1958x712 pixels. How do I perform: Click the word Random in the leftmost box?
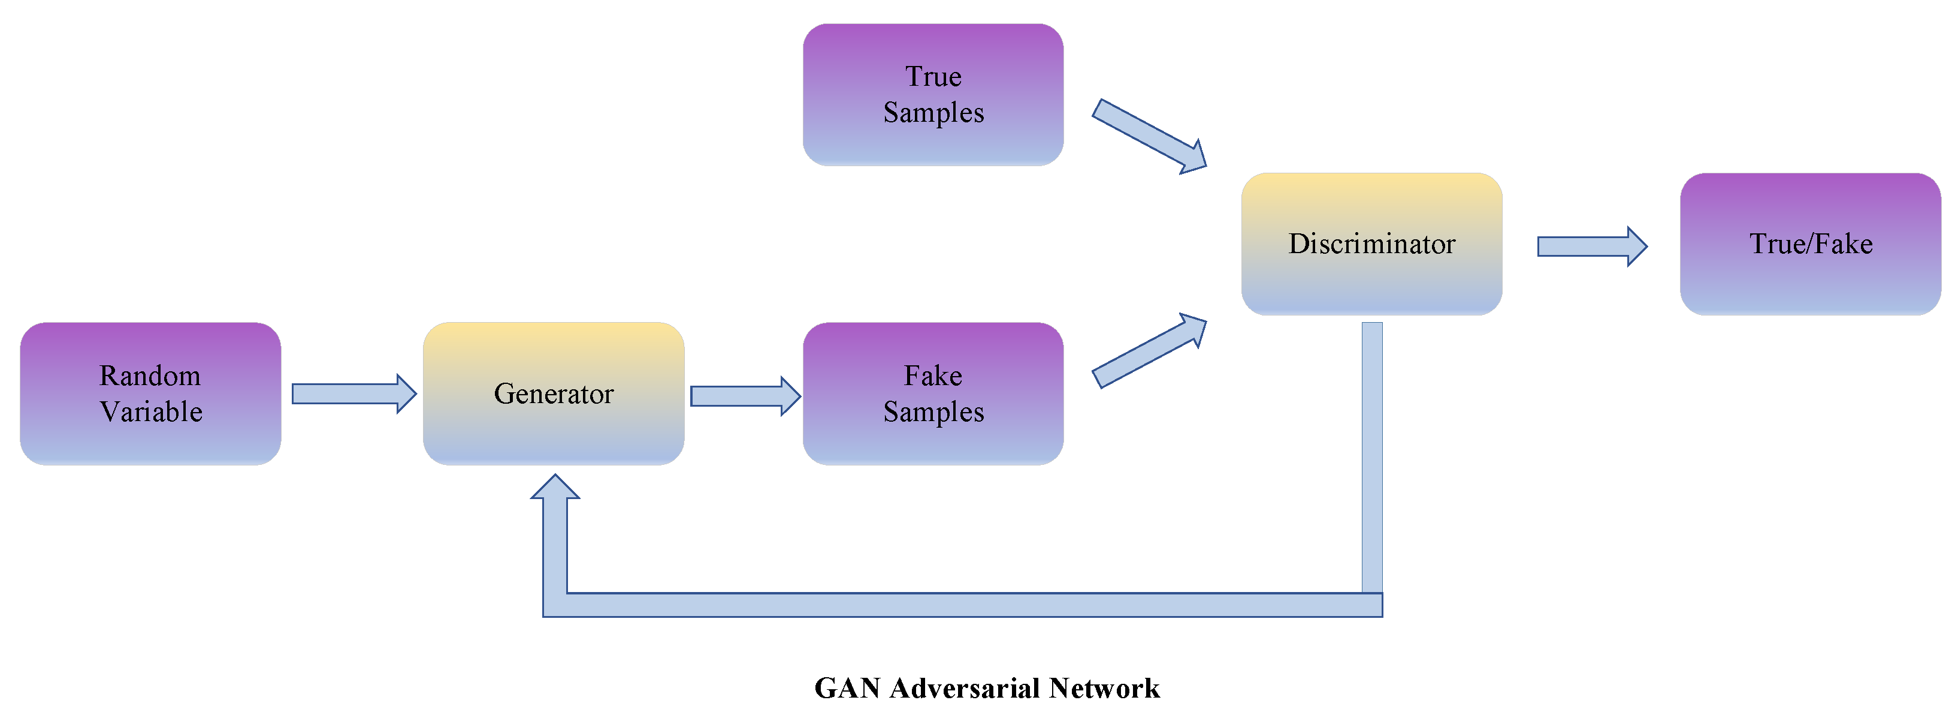[x=150, y=375]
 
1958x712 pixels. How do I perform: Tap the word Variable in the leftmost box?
[x=150, y=411]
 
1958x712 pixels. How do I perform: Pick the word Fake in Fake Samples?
[x=933, y=375]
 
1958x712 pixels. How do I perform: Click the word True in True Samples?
[x=933, y=76]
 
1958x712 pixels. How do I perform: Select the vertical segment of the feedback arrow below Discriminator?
[x=1371, y=456]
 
